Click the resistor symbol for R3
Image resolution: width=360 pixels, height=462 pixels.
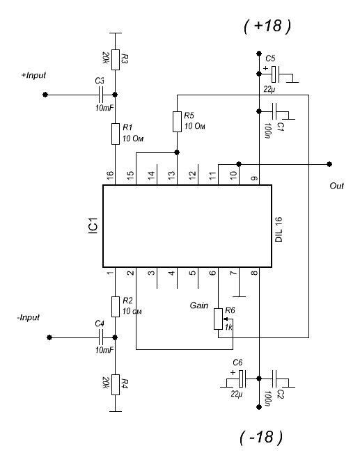pos(116,60)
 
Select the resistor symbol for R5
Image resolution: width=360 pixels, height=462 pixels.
pos(177,121)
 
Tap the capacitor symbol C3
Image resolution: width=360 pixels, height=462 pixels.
pos(100,95)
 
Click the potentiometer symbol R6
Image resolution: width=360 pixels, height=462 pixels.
pos(219,319)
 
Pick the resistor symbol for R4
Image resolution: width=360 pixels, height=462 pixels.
pos(116,385)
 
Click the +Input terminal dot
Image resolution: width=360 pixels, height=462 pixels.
pos(45,95)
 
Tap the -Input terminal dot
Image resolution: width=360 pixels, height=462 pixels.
pos(49,337)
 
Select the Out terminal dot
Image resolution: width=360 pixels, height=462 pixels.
pos(329,164)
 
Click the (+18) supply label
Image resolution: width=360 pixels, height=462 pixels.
pos(267,26)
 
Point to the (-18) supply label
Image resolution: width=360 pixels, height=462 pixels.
pos(261,437)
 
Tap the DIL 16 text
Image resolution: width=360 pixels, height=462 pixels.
pos(279,230)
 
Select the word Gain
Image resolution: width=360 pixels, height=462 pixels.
pos(198,305)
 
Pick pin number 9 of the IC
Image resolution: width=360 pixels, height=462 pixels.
pos(254,178)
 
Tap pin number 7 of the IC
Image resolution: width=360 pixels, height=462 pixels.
pos(234,273)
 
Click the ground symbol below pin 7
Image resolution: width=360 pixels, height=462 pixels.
pos(239,296)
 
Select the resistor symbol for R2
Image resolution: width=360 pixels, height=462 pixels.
pos(116,307)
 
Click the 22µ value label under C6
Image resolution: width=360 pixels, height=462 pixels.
pos(237,394)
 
